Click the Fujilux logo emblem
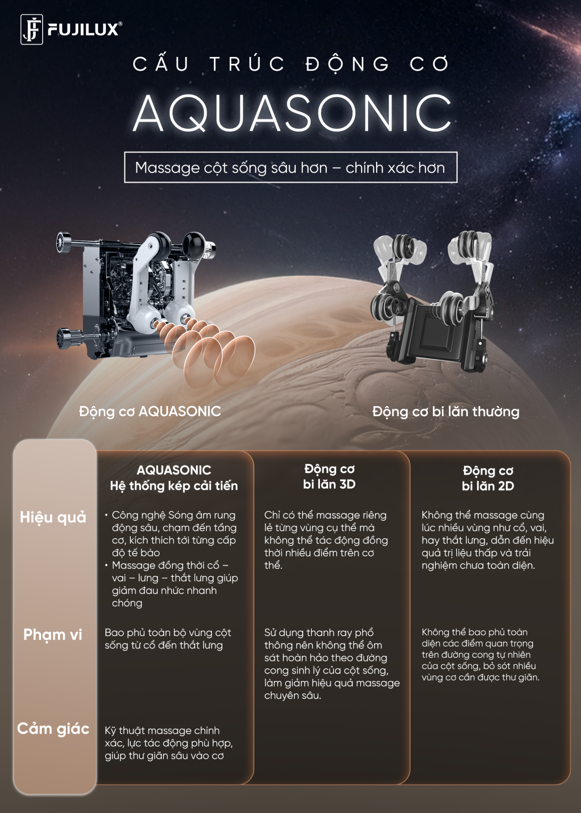[x=32, y=29]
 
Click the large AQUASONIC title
[x=292, y=113]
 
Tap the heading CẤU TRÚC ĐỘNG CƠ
[x=291, y=64]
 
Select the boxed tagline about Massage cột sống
[x=290, y=167]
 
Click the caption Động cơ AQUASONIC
[x=150, y=411]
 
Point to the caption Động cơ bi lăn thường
[x=446, y=411]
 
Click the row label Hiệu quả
[x=53, y=517]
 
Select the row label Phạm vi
[x=53, y=635]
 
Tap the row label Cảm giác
[x=53, y=729]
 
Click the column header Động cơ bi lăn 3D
[x=329, y=476]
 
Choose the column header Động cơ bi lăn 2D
[x=488, y=478]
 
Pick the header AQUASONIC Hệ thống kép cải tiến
[x=174, y=478]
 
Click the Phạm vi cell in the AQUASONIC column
[x=168, y=639]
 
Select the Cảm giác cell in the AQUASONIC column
[x=169, y=743]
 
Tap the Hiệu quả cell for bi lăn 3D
[x=326, y=540]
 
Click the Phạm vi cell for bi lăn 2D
[x=481, y=654]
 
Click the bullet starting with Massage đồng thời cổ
[x=172, y=584]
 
